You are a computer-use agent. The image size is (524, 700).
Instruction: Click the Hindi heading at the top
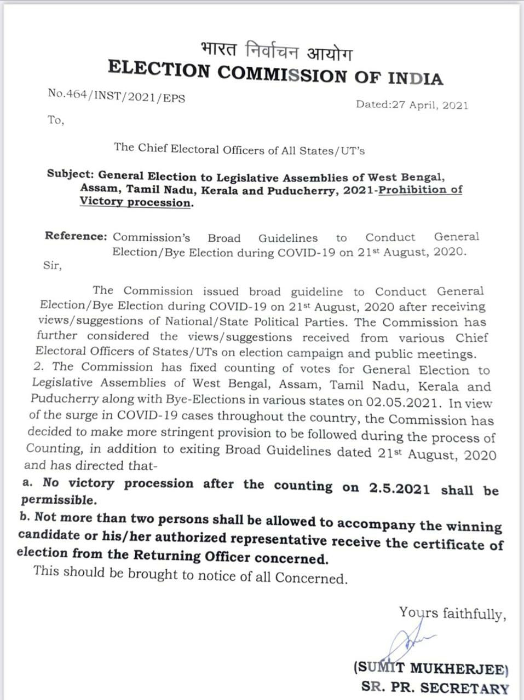point(276,52)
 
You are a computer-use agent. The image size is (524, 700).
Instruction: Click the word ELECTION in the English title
point(159,69)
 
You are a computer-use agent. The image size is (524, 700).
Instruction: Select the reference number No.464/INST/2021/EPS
point(116,96)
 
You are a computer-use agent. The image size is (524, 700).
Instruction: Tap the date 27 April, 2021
point(429,105)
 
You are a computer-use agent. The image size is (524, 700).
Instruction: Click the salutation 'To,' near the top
point(55,120)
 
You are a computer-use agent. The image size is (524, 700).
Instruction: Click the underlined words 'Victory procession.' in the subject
point(136,202)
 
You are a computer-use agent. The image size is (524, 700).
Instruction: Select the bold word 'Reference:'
point(76,236)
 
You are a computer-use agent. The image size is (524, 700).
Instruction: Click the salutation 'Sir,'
point(53,266)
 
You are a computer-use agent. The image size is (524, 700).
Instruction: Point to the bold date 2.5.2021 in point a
point(399,488)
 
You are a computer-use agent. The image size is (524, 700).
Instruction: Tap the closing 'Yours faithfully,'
point(452,614)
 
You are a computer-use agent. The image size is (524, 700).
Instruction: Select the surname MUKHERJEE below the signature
point(459,668)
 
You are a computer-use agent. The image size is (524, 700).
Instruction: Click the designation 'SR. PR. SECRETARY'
point(435,688)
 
